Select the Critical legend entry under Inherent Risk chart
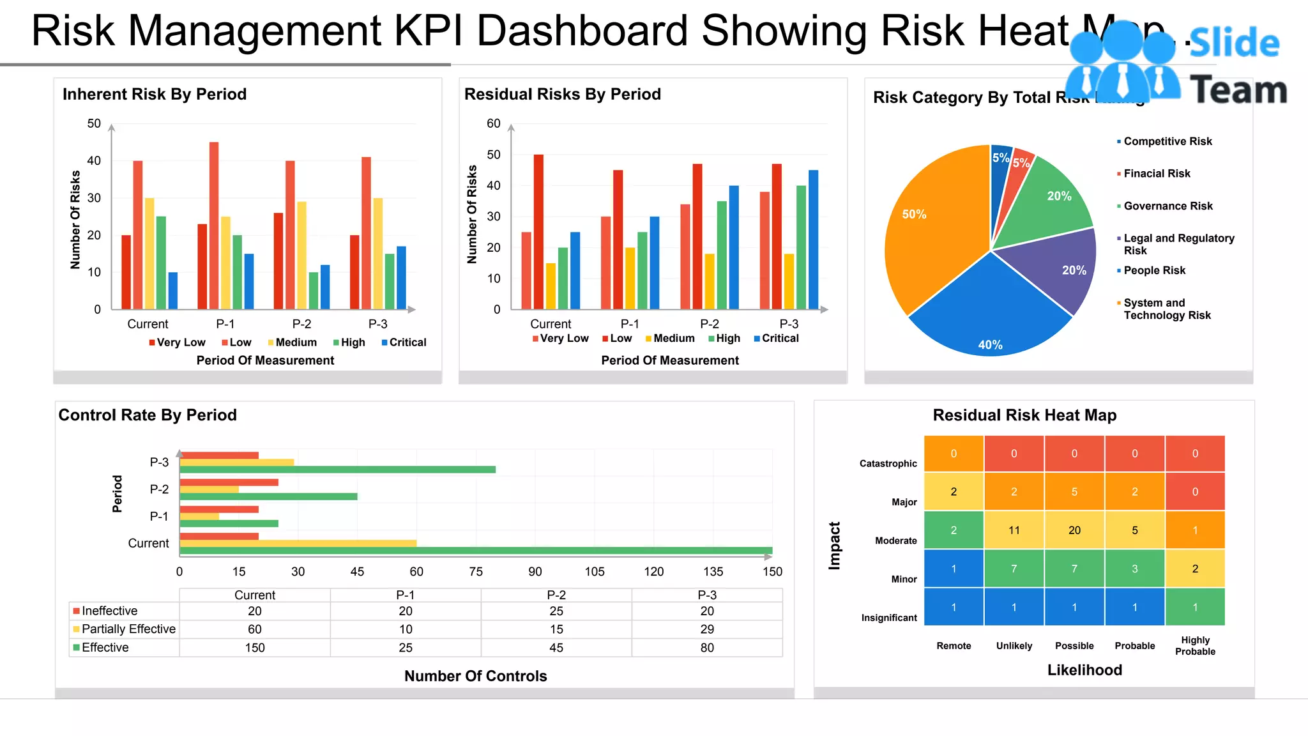[x=404, y=342]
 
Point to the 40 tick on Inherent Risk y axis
[x=94, y=160]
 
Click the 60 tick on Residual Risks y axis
[x=494, y=123]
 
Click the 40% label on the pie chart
[x=990, y=345]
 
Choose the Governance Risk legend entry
[x=1167, y=206]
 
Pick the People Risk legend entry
[x=1154, y=270]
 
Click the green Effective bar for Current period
[x=476, y=550]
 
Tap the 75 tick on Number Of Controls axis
[x=476, y=572]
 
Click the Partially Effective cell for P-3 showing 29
[x=707, y=629]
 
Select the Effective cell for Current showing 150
[x=255, y=648]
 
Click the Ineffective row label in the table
[x=109, y=611]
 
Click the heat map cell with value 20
[x=1074, y=530]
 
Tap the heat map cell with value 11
[x=1014, y=530]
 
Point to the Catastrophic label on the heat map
[x=888, y=464]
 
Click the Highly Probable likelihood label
[x=1195, y=645]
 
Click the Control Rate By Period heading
[x=148, y=415]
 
